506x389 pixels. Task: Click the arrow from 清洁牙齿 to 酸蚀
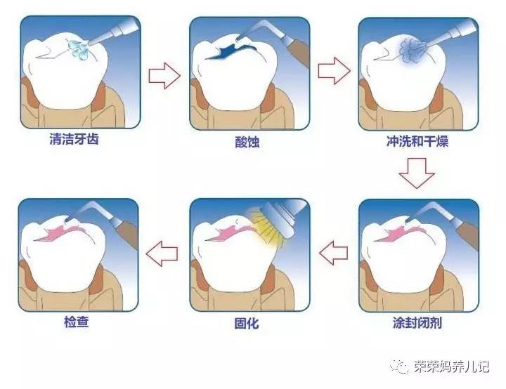pos(165,75)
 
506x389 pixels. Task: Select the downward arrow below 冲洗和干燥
pos(417,173)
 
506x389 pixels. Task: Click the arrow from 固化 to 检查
pos(164,250)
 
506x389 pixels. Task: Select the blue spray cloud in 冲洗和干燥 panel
pos(408,51)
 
